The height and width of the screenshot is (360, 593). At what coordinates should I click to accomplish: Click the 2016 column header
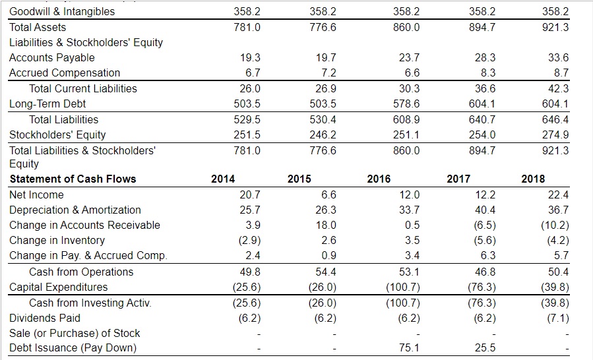(x=378, y=179)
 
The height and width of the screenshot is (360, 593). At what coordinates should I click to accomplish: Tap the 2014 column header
(x=223, y=179)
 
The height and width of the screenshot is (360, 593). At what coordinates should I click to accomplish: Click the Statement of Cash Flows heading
(x=73, y=179)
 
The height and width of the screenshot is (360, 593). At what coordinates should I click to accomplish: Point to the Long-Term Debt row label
(x=47, y=104)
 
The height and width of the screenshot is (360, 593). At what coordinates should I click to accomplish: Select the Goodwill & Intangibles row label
(x=62, y=11)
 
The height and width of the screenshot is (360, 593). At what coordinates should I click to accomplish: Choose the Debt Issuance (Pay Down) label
(x=73, y=347)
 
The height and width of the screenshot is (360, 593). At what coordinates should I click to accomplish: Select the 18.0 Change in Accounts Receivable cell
(x=328, y=225)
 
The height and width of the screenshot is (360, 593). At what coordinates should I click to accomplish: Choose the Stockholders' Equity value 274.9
(x=556, y=135)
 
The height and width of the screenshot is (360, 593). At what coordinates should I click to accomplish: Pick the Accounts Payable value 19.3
(x=251, y=57)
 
